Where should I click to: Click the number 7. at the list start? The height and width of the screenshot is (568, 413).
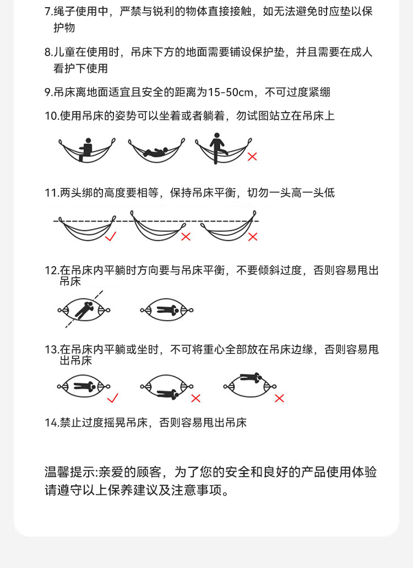(x=48, y=12)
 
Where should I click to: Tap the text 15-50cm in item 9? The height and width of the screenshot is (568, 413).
(x=230, y=92)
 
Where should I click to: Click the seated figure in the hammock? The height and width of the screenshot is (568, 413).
(x=86, y=149)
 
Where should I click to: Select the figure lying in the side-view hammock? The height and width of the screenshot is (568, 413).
(x=155, y=152)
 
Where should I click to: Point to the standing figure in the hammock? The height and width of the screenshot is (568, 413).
(x=218, y=148)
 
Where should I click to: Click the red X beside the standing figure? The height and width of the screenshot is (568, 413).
(x=252, y=157)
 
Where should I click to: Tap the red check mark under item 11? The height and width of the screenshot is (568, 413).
(x=110, y=236)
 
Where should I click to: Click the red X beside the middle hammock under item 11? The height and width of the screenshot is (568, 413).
(x=186, y=236)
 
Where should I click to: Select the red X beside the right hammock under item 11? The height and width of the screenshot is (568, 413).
(x=253, y=236)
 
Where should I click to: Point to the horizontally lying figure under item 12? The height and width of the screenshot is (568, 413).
(x=167, y=310)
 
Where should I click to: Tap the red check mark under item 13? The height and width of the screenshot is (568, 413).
(x=113, y=398)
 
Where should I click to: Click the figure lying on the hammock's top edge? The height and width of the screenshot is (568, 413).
(x=251, y=377)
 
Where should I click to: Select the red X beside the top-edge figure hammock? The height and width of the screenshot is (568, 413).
(x=279, y=398)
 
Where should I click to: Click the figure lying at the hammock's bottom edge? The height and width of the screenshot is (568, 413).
(x=167, y=394)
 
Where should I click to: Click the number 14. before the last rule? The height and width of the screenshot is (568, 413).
(x=52, y=423)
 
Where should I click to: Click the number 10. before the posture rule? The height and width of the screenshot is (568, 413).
(x=52, y=116)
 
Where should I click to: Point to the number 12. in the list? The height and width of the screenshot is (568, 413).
(x=52, y=270)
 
